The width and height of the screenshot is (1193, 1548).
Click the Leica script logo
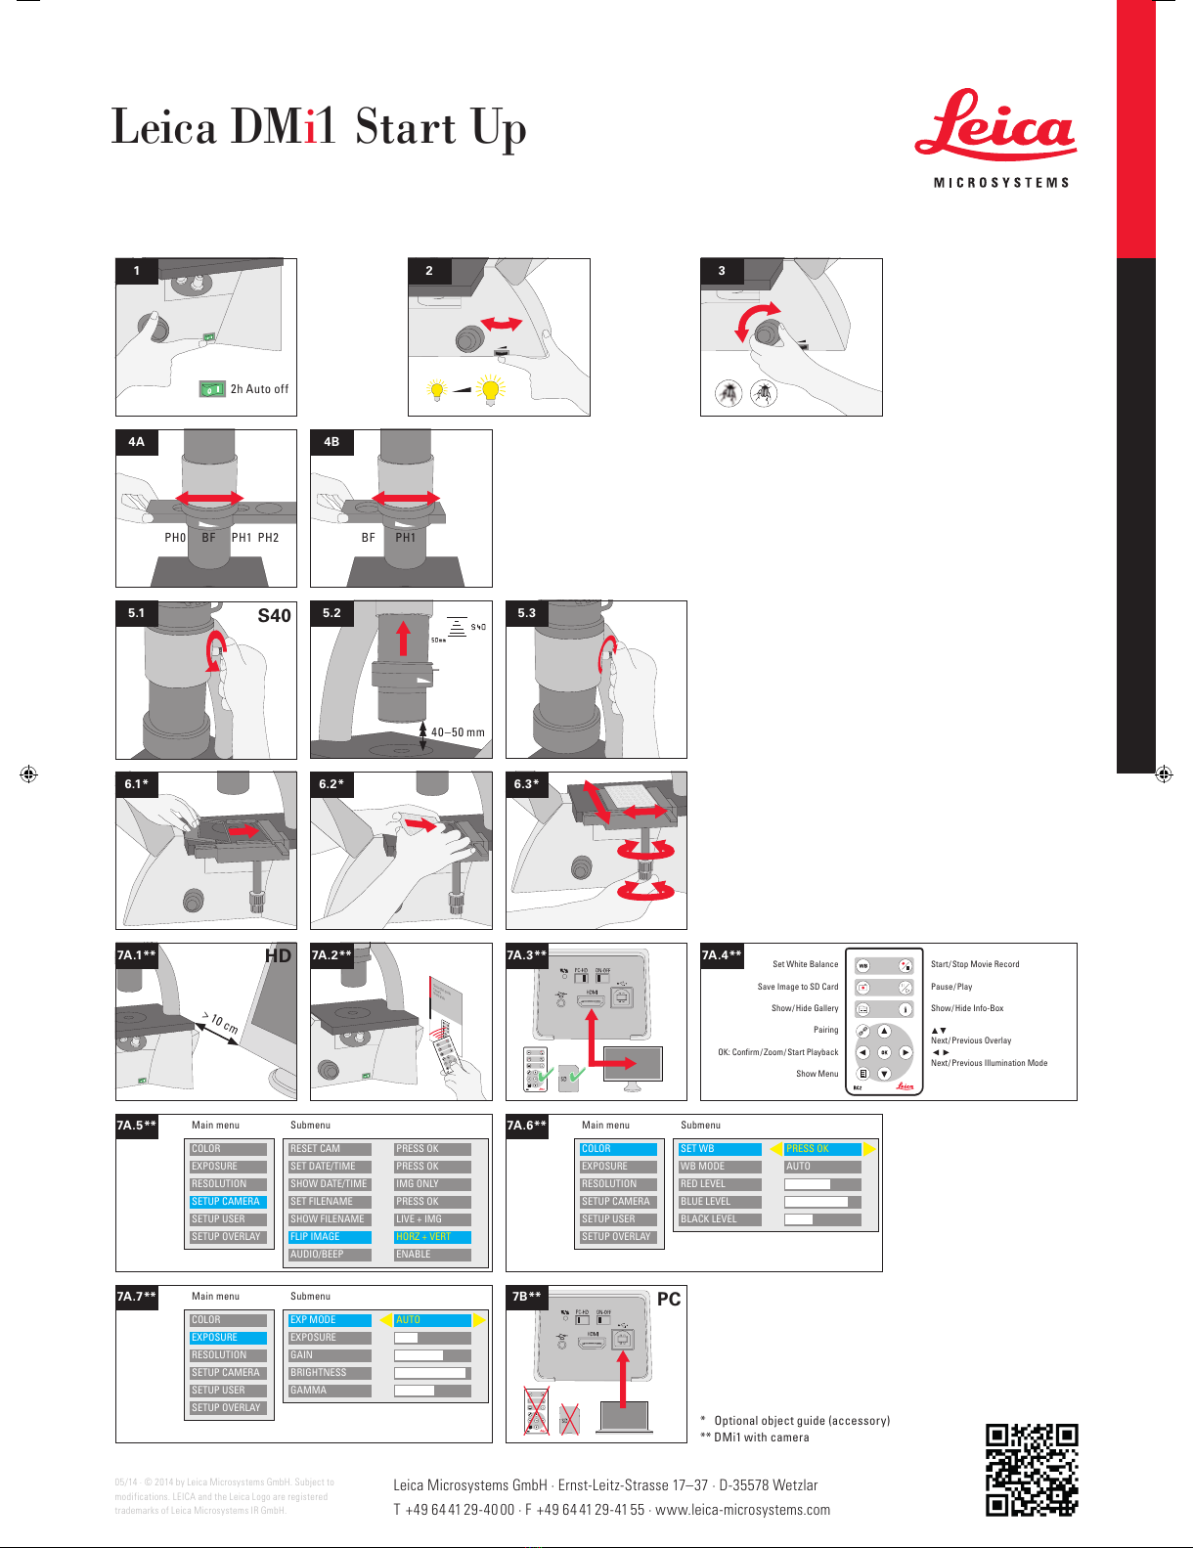pos(995,128)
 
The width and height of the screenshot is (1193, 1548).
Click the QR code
pos(1031,1469)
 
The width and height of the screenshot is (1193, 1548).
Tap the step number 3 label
pos(722,271)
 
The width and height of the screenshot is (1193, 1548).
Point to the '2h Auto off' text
pos(259,389)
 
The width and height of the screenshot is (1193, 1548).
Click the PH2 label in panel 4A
pos(268,538)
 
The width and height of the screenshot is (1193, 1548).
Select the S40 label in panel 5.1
pos(274,616)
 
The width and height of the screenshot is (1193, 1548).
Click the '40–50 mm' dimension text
pos(458,732)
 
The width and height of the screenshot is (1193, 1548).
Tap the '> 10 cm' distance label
pos(220,1023)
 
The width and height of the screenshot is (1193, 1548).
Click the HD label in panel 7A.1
pos(278,956)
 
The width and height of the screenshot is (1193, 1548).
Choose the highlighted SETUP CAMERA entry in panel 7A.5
pos(227,1202)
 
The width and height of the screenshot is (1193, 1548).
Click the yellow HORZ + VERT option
pos(431,1237)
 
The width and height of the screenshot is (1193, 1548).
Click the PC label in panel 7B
pos(669,1300)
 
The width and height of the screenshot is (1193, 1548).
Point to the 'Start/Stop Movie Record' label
pos(975,964)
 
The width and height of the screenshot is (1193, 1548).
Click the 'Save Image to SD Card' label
pos(797,987)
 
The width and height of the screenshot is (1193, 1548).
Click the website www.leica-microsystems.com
pos(742,1510)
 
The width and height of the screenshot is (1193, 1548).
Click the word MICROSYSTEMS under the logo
pos(1001,183)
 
